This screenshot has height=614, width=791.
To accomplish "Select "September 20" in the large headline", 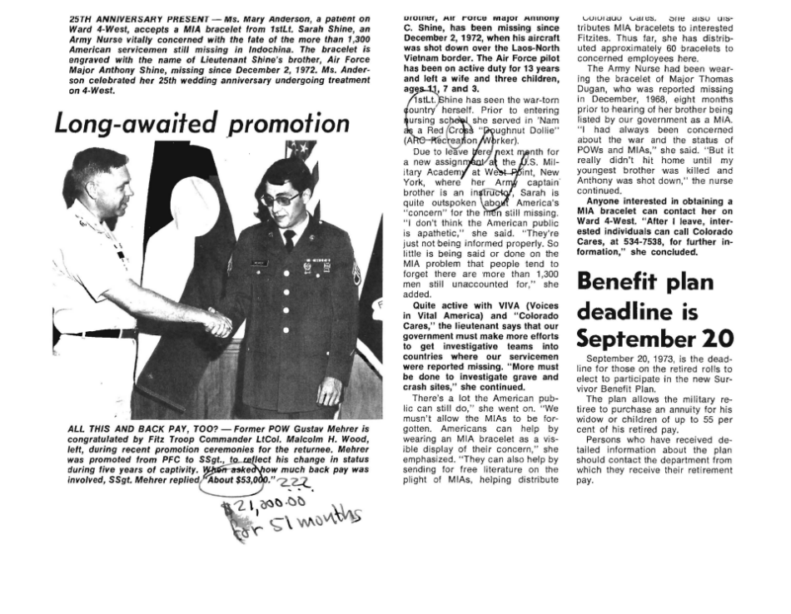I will click(x=654, y=339).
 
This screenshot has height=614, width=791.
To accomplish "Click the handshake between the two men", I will click(x=217, y=323).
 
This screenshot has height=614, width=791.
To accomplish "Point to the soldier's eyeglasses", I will click(x=281, y=199).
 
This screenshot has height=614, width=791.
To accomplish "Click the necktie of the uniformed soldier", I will click(x=288, y=239).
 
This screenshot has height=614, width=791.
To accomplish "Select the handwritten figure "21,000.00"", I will click(x=263, y=505).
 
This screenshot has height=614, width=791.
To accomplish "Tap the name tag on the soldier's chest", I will click(x=260, y=262).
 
